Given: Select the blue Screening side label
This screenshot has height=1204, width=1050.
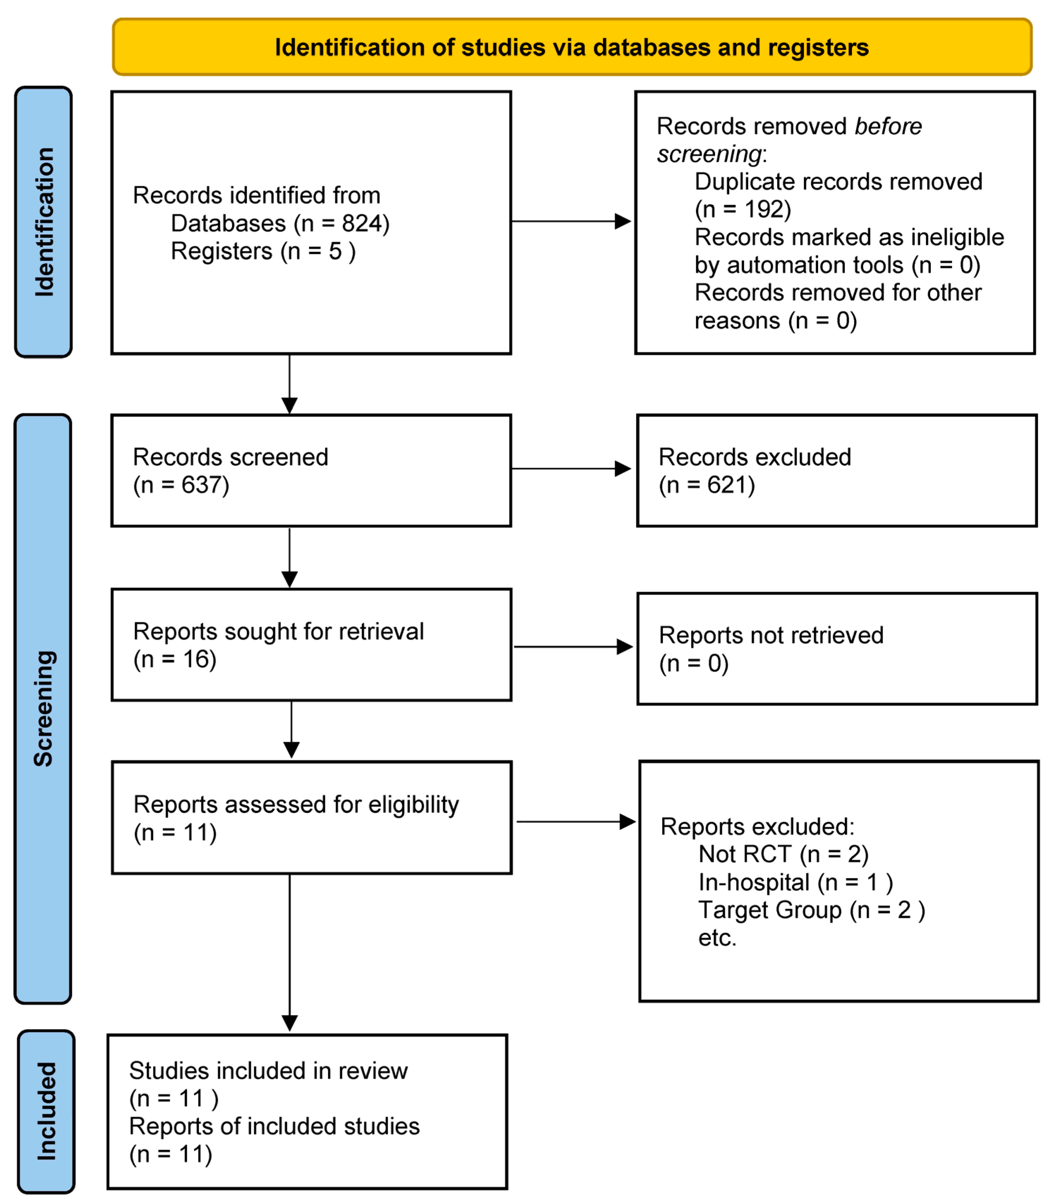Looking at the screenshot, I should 43,709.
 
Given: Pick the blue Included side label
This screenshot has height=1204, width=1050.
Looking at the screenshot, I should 46,1111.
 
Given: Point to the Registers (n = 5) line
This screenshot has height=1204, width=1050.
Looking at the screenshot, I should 263,251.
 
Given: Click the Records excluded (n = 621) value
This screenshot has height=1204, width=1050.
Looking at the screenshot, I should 707,485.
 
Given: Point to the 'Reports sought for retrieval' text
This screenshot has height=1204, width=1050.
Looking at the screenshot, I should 278,631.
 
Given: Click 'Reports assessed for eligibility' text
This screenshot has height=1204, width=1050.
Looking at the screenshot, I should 296,805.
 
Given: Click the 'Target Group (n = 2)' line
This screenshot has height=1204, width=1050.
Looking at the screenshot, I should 811,910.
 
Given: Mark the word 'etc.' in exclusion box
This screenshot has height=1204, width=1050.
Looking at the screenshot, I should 717,938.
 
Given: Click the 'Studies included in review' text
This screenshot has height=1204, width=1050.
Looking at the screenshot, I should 268,1071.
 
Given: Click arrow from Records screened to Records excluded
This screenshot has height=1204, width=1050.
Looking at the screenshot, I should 571,469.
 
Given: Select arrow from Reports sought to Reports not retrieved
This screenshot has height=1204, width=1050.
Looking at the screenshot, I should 573,647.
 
